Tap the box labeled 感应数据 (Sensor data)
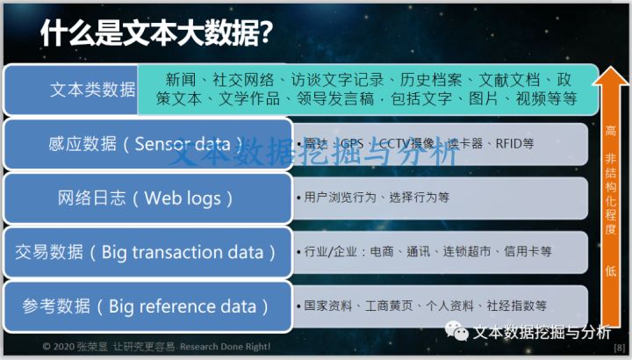coord(147,144)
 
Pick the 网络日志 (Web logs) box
coord(147,198)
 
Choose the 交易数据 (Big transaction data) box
coord(147,252)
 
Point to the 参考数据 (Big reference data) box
coord(147,306)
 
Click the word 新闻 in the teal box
coord(182,78)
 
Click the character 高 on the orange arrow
coord(611,131)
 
